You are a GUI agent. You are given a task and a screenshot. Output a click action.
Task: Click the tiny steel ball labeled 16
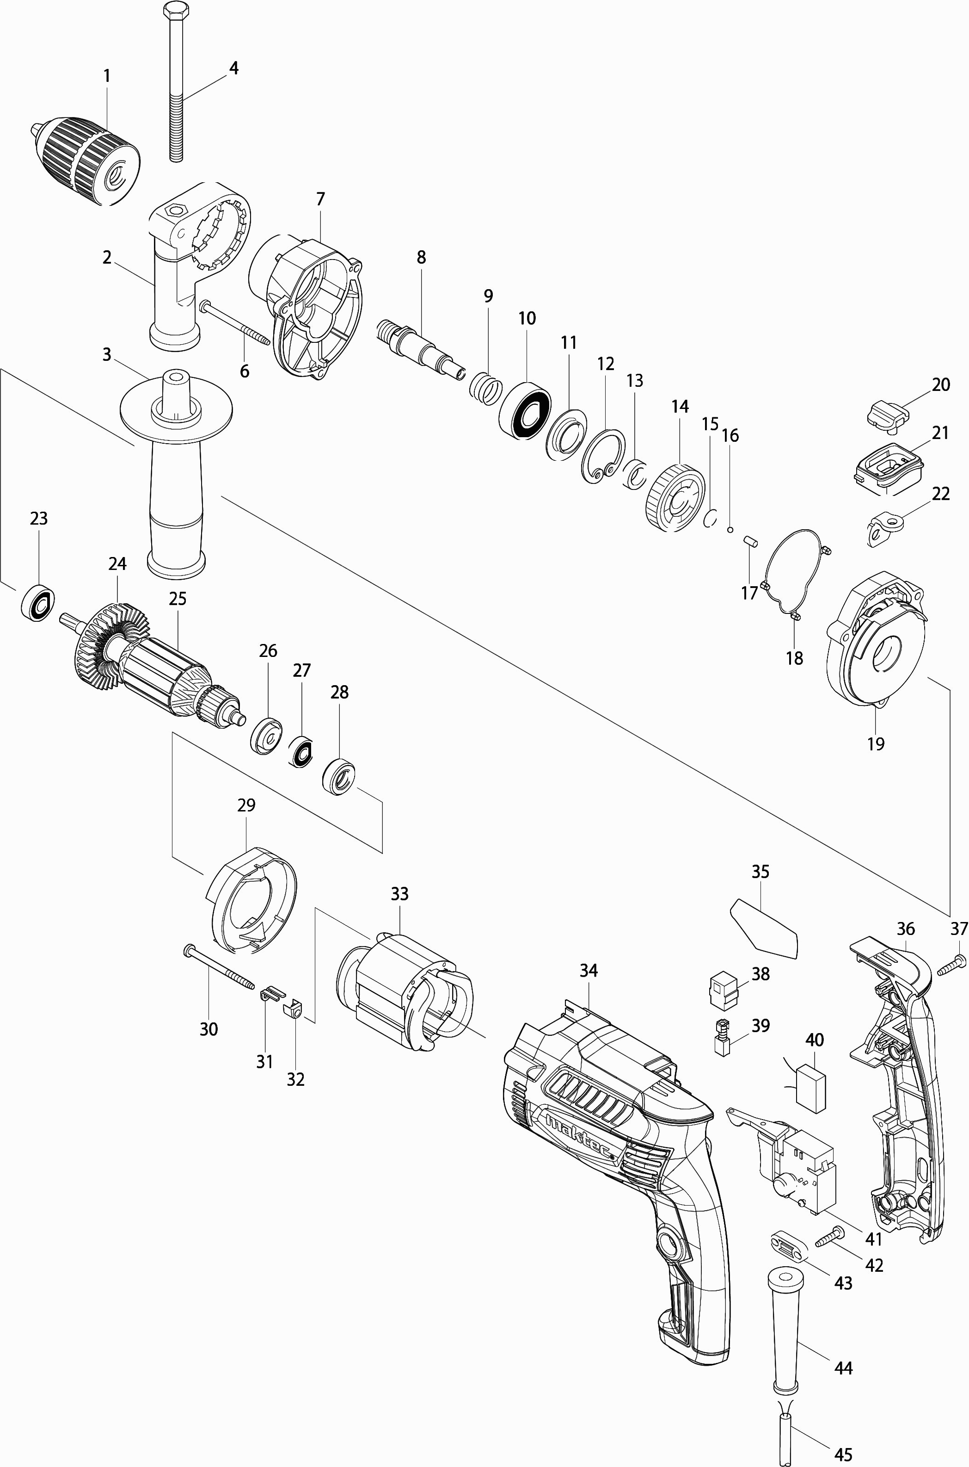(730, 529)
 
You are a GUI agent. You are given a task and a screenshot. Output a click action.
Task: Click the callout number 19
(876, 743)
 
